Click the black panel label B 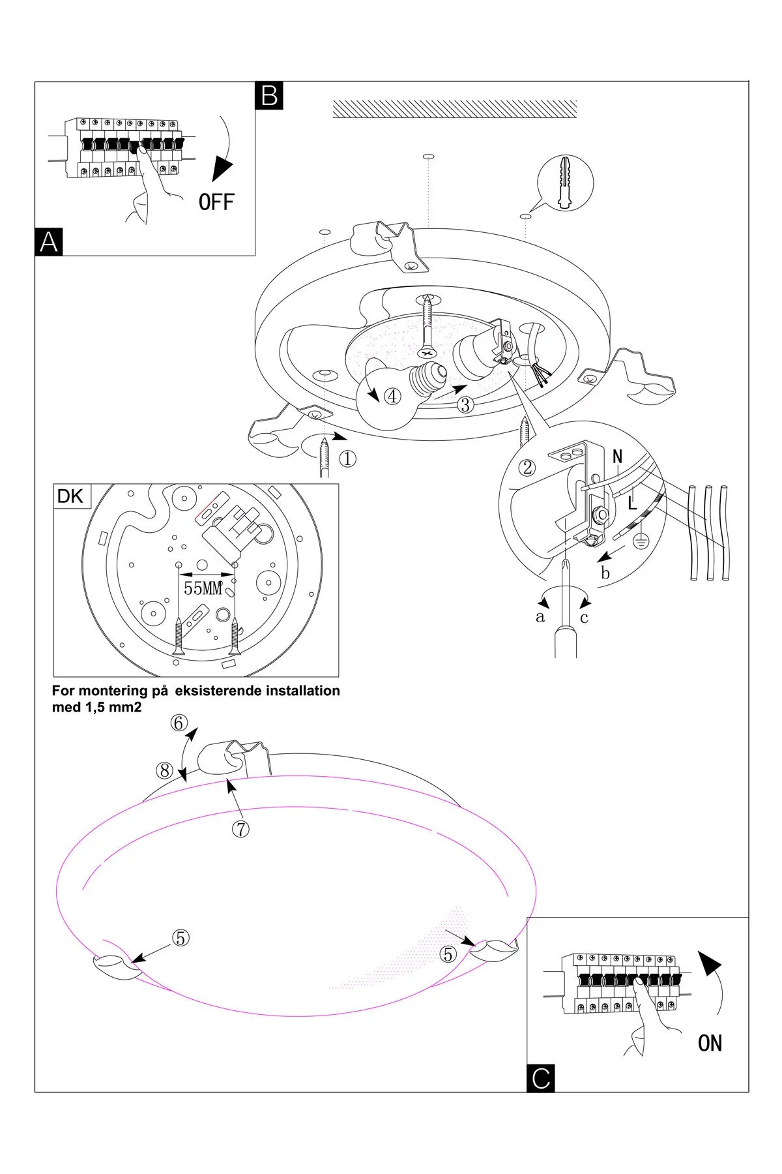(x=269, y=95)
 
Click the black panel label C (x=541, y=1077)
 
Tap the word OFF (x=216, y=202)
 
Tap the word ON (x=710, y=1044)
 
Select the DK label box (x=70, y=496)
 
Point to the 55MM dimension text (x=203, y=588)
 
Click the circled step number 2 (x=528, y=467)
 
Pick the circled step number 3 (x=465, y=404)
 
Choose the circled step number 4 (x=392, y=396)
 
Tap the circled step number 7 (x=240, y=829)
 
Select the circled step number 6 (x=179, y=723)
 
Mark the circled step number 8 (x=164, y=770)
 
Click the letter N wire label (x=617, y=457)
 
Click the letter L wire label (x=631, y=503)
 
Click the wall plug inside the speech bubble (x=566, y=183)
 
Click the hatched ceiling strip (x=454, y=109)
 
